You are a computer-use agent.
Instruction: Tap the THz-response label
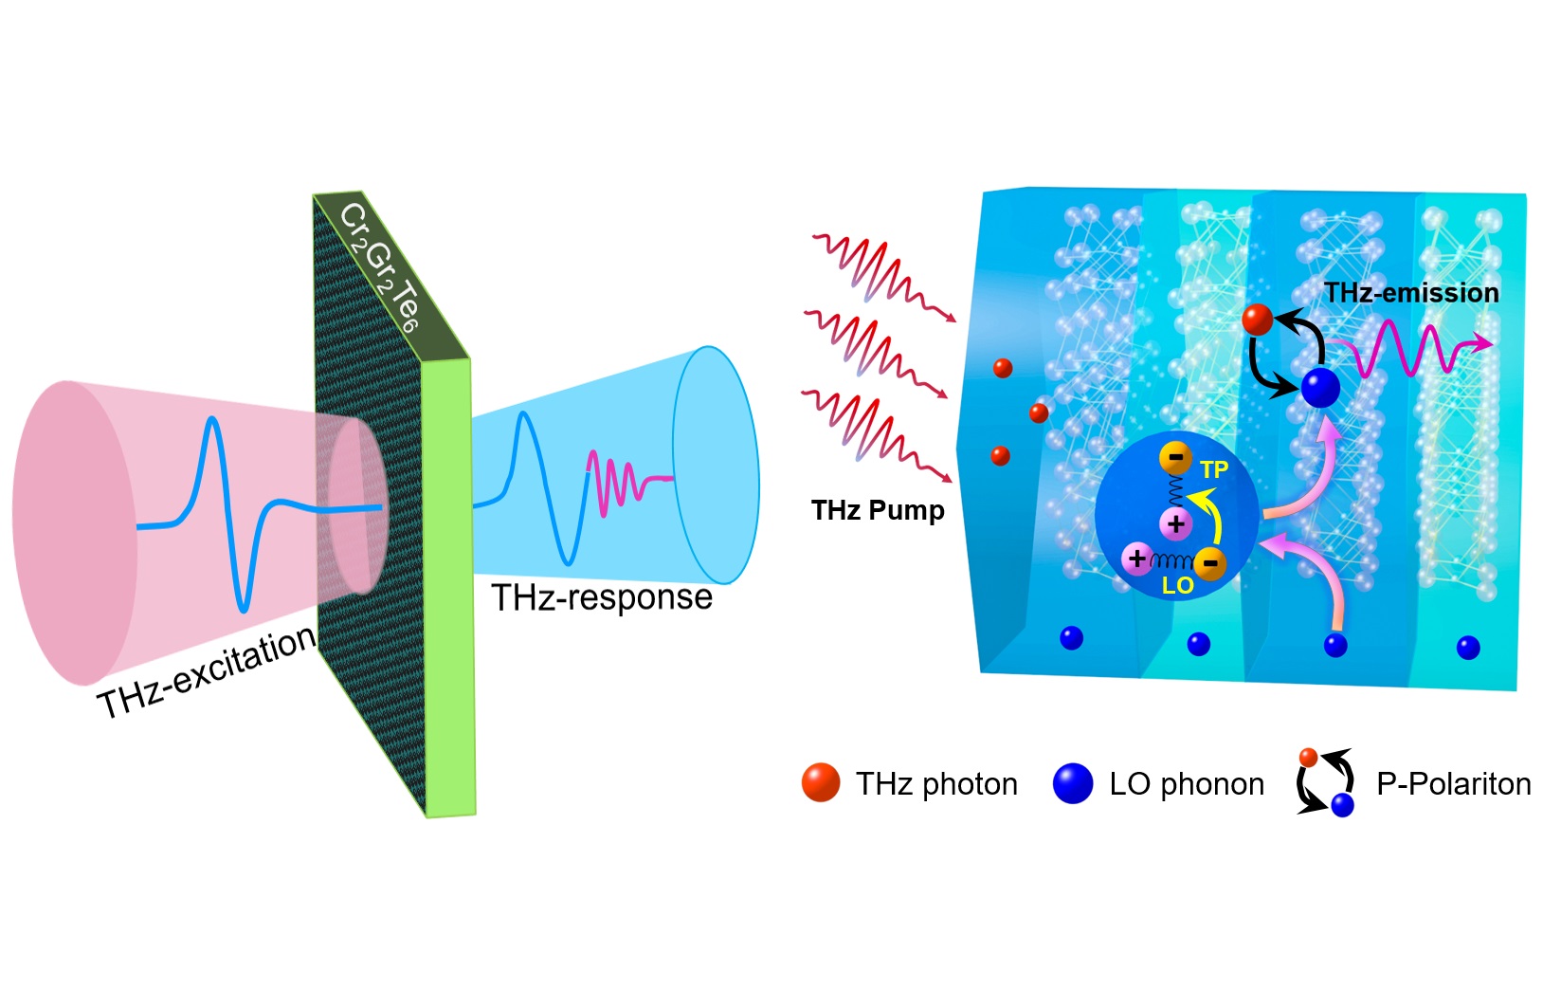coord(602,597)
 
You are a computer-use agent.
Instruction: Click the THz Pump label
coord(878,510)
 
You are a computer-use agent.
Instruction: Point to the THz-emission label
coord(1411,293)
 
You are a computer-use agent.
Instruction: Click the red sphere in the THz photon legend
coord(821,782)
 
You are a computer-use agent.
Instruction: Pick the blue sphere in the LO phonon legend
coord(1073,783)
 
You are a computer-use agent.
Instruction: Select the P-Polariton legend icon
coord(1325,783)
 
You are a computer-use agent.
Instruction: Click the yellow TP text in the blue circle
coord(1213,469)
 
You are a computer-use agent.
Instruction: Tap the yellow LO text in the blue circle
coord(1177,586)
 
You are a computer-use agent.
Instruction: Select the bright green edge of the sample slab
coord(449,588)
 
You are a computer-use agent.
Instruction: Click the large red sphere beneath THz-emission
coord(1258,320)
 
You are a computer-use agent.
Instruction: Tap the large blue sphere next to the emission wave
coord(1320,388)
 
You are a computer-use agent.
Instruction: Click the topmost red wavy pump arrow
coord(881,274)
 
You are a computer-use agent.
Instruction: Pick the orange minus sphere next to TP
coord(1175,459)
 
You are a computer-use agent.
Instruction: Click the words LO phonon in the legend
coord(1187,784)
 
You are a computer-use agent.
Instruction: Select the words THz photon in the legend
coord(936,784)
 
